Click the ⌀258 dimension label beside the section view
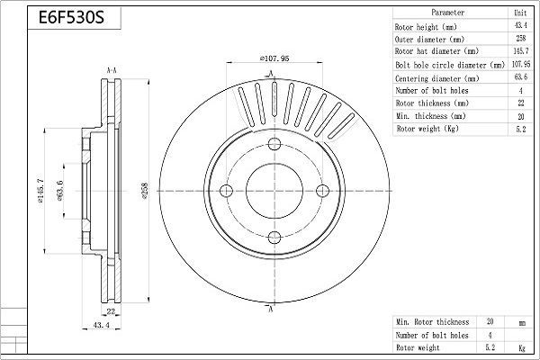[144, 190]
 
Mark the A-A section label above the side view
[111, 69]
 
